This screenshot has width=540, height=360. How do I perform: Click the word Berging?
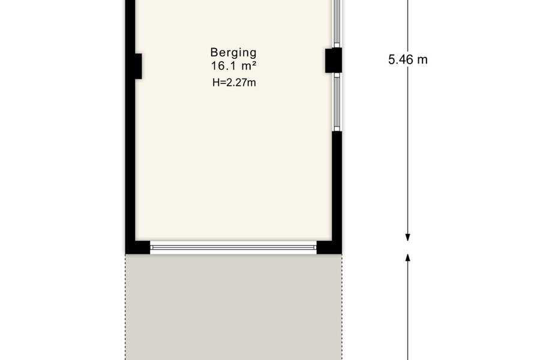click(x=233, y=53)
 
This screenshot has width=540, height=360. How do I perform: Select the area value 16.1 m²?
click(x=233, y=65)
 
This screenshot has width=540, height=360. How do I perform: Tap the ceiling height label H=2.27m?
click(x=234, y=83)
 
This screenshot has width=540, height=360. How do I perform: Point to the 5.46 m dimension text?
click(x=408, y=59)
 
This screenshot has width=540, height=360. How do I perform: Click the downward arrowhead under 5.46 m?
click(x=408, y=238)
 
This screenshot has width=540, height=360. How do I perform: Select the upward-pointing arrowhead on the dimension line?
click(x=408, y=258)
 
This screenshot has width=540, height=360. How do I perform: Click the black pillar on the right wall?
click(x=334, y=60)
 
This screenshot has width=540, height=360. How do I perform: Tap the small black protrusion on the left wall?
click(x=138, y=66)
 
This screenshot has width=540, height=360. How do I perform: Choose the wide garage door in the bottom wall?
click(x=233, y=247)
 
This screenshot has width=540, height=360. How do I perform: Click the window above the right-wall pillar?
click(x=337, y=23)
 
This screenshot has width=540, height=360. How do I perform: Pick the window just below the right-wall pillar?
click(x=337, y=104)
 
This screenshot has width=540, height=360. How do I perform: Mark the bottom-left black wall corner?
click(x=137, y=247)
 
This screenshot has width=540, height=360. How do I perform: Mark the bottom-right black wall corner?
click(x=329, y=247)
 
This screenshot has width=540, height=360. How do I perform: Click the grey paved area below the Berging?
click(x=233, y=307)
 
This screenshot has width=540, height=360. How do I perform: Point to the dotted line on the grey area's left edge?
click(x=125, y=307)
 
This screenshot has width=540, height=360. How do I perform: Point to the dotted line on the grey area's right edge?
click(x=342, y=307)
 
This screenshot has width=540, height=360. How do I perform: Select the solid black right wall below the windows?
click(x=337, y=186)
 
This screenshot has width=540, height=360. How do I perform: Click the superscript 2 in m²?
click(x=254, y=64)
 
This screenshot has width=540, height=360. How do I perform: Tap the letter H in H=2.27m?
click(x=216, y=83)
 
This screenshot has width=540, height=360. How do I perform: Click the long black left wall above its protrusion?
click(x=130, y=26)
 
